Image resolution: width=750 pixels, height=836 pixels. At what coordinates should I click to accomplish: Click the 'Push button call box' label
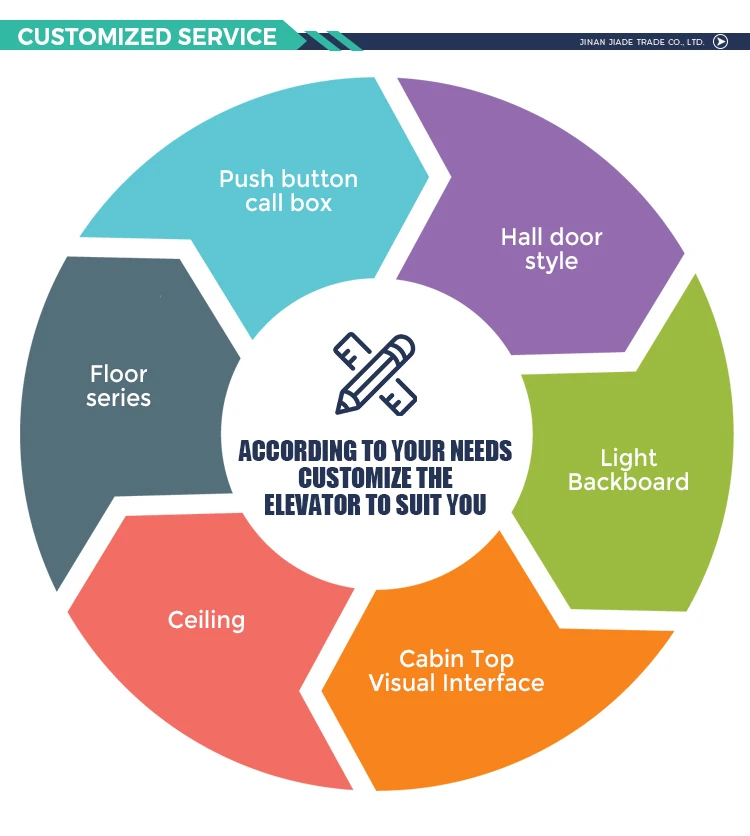click(x=288, y=190)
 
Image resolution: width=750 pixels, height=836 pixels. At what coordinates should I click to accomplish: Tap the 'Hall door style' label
click(x=551, y=249)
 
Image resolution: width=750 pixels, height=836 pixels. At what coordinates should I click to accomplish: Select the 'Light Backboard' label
click(x=628, y=470)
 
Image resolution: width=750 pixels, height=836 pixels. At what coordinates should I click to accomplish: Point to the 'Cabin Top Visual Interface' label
click(x=456, y=671)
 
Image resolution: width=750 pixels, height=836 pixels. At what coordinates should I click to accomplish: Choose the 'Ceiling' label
click(x=206, y=620)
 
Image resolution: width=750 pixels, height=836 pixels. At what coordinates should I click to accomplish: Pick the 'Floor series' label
click(x=118, y=386)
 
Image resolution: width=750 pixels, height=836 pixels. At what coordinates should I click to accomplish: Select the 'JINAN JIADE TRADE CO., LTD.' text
click(x=642, y=42)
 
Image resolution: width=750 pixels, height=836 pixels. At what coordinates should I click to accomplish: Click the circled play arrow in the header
click(x=720, y=42)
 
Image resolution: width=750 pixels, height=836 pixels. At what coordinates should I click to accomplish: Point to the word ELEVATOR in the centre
click(x=312, y=505)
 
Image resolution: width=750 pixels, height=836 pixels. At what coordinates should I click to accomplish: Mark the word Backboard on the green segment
click(x=628, y=482)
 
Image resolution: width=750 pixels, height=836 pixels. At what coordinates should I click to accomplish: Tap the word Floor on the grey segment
click(x=118, y=374)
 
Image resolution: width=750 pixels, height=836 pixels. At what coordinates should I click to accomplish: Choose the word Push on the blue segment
click(x=245, y=179)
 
